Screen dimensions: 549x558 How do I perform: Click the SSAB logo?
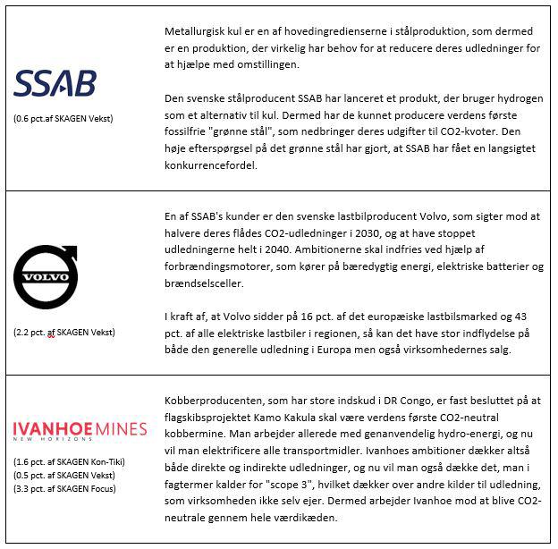55,83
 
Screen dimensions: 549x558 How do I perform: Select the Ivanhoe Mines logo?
80,430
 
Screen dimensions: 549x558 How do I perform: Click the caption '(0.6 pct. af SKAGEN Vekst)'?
64,118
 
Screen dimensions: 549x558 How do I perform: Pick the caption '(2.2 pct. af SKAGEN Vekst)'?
64,333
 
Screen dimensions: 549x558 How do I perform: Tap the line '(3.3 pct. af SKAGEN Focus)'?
64,488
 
